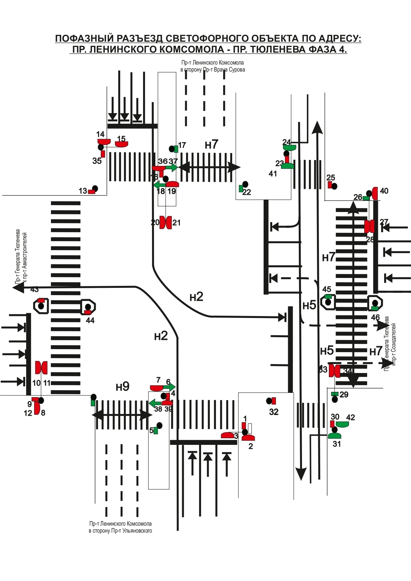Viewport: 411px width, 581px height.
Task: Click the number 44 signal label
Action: tap(90, 320)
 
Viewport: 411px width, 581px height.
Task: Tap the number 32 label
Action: tap(274, 412)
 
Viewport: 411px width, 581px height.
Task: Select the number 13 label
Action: tap(83, 191)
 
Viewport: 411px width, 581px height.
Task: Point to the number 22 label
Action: tap(247, 192)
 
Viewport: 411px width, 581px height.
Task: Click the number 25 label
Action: tap(331, 178)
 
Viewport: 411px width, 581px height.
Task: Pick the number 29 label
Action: tap(344, 395)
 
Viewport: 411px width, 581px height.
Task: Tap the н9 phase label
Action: tap(123, 386)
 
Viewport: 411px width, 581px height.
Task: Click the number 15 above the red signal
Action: tap(121, 139)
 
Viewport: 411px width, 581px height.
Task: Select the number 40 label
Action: tap(384, 191)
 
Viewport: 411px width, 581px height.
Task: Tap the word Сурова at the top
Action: tap(237, 70)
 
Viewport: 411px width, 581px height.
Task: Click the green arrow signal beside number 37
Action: tap(172, 168)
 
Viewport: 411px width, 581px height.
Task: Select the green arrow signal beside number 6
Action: tap(169, 387)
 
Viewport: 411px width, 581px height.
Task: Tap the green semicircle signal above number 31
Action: tap(334, 435)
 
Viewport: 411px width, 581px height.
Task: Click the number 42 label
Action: tap(350, 417)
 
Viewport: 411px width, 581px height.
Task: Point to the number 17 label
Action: tap(182, 145)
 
